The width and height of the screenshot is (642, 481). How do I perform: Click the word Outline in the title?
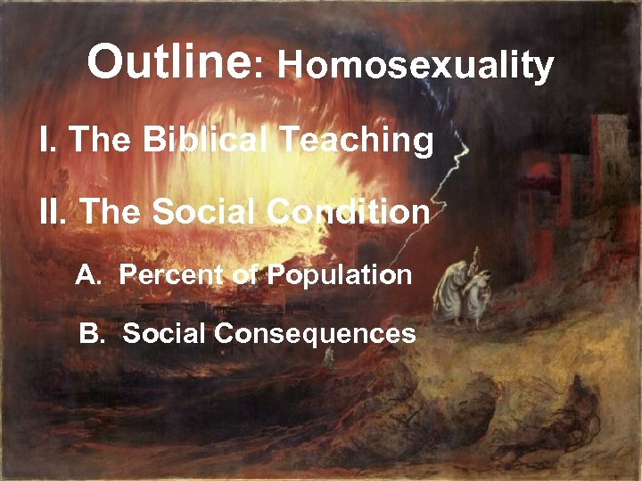(x=169, y=62)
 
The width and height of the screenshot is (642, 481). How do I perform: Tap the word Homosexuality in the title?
(x=416, y=65)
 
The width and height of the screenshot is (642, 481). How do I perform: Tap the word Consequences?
(x=316, y=334)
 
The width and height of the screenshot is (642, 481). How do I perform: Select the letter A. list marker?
(x=87, y=275)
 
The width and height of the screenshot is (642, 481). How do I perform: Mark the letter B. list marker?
(x=91, y=334)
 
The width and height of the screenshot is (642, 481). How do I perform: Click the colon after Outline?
(x=259, y=68)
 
